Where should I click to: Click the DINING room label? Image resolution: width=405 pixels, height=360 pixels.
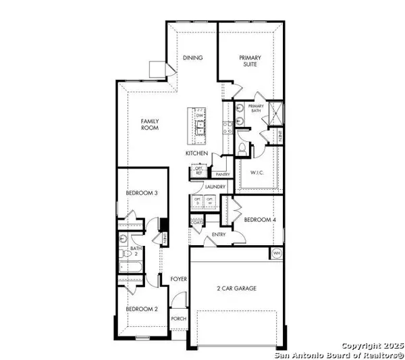pyautogui.click(x=193, y=58)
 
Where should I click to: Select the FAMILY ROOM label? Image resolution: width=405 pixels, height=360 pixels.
pyautogui.click(x=150, y=125)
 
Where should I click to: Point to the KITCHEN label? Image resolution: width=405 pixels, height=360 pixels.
pyautogui.click(x=197, y=154)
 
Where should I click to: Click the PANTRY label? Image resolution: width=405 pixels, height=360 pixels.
pyautogui.click(x=223, y=174)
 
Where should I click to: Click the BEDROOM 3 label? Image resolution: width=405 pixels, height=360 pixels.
pyautogui.click(x=142, y=194)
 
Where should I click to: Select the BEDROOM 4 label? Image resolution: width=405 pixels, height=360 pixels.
pyautogui.click(x=258, y=220)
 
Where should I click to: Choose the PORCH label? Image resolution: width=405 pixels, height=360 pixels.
pyautogui.click(x=178, y=319)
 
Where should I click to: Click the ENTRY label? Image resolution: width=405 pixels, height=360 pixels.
pyautogui.click(x=218, y=234)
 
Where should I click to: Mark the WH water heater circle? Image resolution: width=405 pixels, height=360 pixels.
pyautogui.click(x=276, y=253)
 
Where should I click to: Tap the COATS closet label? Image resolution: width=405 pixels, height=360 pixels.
pyautogui.click(x=198, y=222)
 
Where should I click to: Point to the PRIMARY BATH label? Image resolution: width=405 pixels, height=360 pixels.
pyautogui.click(x=256, y=109)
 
